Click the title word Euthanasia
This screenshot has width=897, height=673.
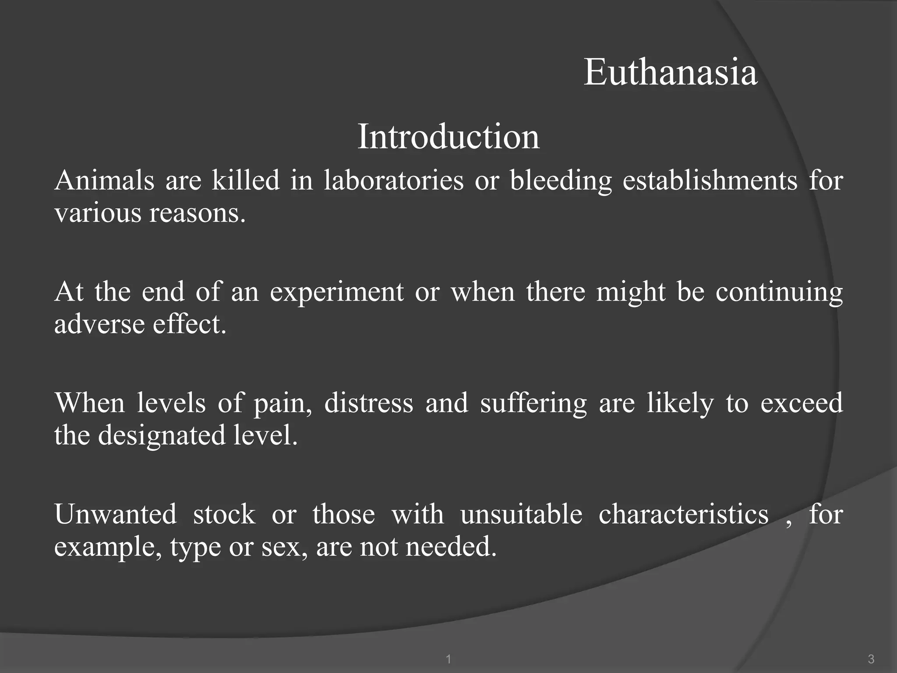[670, 72]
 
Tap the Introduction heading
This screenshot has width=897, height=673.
[448, 137]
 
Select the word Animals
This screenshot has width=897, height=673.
[104, 180]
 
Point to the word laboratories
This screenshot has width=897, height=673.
[393, 180]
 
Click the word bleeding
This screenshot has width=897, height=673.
[560, 181]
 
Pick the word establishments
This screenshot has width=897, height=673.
[710, 180]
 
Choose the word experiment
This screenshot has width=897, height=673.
[336, 292]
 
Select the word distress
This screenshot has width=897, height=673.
[368, 403]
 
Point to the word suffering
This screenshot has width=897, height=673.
[533, 404]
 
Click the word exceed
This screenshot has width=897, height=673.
[801, 403]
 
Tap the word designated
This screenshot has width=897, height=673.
[161, 436]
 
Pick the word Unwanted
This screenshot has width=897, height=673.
[115, 514]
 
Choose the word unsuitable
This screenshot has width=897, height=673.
[521, 514]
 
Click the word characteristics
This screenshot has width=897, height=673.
[683, 514]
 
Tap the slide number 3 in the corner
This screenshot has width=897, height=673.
[871, 659]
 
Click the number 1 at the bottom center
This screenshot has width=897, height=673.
[448, 659]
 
